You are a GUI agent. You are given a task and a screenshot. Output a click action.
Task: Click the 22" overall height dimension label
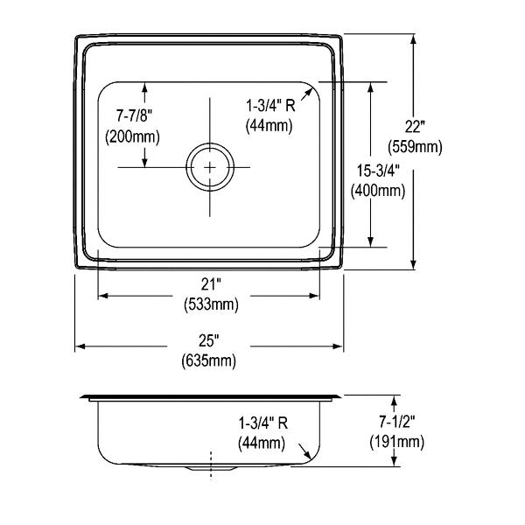(x=415, y=127)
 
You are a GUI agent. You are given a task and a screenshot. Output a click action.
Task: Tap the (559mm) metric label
(x=415, y=147)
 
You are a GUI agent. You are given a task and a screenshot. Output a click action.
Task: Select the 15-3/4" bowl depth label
(x=378, y=171)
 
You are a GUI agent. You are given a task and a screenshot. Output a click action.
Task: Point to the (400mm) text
(x=378, y=191)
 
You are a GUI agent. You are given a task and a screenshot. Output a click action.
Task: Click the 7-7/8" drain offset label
(x=134, y=115)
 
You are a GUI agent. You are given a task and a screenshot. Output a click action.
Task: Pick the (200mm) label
(x=133, y=136)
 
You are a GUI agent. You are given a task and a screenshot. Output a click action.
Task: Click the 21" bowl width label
(x=211, y=284)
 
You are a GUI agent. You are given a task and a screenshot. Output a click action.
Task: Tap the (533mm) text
(x=211, y=304)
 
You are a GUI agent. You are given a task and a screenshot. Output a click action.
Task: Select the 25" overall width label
(x=208, y=341)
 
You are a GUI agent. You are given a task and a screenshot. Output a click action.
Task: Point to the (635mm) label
(x=208, y=360)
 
